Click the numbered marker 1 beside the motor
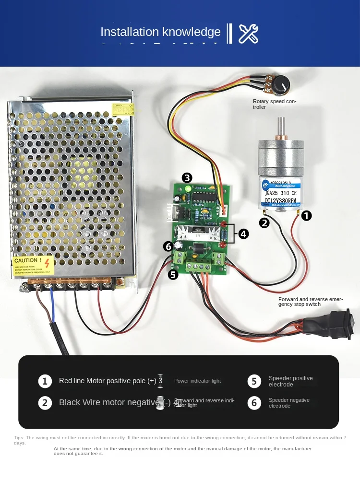click(x=306, y=216)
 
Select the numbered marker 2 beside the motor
click(x=264, y=222)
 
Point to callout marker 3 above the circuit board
click(x=187, y=178)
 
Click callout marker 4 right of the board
click(x=244, y=234)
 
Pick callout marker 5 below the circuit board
click(x=173, y=274)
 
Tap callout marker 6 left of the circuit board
click(x=168, y=246)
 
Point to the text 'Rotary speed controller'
click(x=275, y=104)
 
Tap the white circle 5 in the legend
click(x=254, y=381)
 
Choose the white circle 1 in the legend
click(x=45, y=381)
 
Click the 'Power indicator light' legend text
click(x=197, y=381)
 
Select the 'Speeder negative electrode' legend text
click(x=289, y=403)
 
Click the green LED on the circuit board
click(x=188, y=189)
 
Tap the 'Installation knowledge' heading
click(x=160, y=32)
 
